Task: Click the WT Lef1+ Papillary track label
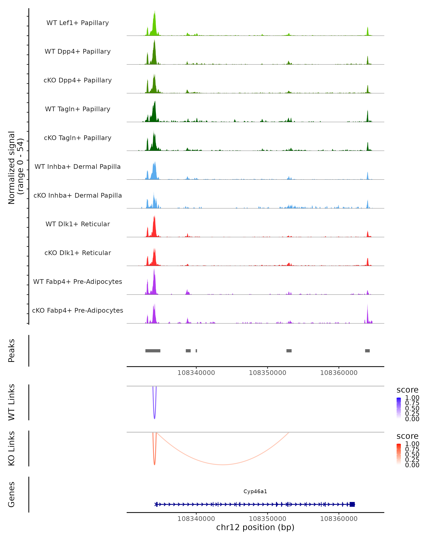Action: [x=78, y=23]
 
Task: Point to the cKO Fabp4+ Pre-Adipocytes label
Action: [x=78, y=310]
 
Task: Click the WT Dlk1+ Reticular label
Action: [x=78, y=224]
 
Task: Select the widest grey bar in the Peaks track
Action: [x=153, y=351]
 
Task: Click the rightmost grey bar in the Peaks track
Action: [x=367, y=351]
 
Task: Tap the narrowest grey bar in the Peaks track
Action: [x=196, y=351]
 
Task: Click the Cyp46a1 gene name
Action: [x=255, y=491]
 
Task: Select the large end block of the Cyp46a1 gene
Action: [x=352, y=504]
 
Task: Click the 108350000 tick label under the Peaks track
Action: [x=267, y=373]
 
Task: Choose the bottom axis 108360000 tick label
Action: [x=339, y=519]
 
